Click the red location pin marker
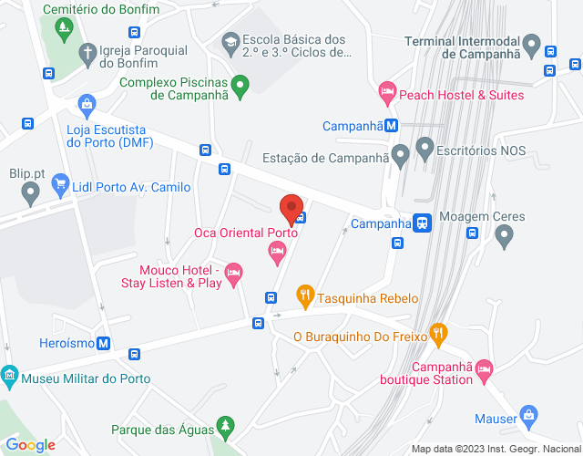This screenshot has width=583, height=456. tap(291, 208)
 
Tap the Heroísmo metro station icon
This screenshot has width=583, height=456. tap(104, 344)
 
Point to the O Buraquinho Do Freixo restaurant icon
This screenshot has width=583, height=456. tap(439, 333)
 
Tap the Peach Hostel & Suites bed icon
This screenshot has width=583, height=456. tap(387, 91)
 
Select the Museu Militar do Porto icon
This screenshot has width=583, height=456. tap(9, 375)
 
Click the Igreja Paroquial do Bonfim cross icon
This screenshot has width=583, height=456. tap(87, 52)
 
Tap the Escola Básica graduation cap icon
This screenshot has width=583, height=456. tap(230, 41)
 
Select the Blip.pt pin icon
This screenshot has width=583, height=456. tap(30, 192)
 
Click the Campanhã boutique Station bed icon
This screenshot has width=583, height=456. tap(483, 368)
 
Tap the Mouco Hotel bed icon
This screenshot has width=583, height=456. tap(233, 271)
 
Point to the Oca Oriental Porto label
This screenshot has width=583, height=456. tap(246, 233)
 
